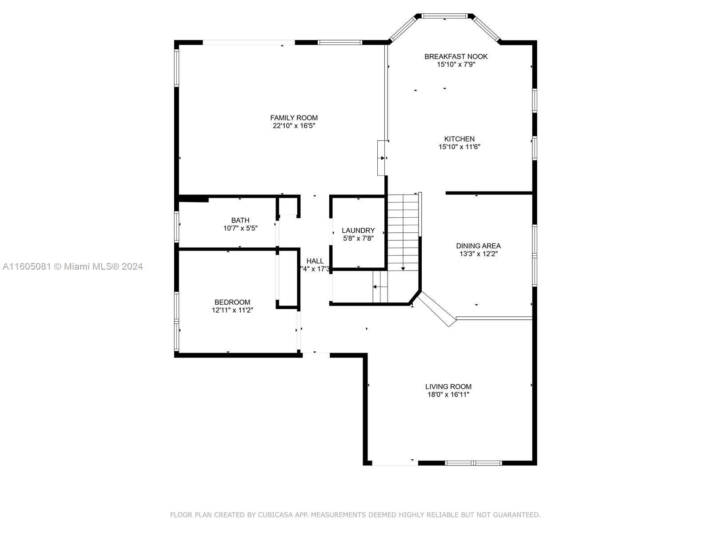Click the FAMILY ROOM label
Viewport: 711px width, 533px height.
coord(294,118)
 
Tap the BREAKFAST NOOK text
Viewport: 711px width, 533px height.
coord(456,57)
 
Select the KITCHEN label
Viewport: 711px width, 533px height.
coord(459,139)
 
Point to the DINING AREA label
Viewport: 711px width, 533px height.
coord(478,246)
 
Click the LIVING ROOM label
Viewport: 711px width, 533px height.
coord(448,386)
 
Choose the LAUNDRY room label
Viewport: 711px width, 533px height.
coord(358,231)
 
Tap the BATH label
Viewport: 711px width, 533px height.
coord(240,220)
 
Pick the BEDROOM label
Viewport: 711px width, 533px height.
coord(232,302)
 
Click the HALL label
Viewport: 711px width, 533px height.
coord(315,261)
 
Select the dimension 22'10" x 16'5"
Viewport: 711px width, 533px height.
coord(294,126)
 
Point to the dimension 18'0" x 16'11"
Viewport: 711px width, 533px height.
coord(448,394)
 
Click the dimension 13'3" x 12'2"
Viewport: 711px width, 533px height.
coord(478,254)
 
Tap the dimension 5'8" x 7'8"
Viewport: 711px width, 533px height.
coord(358,239)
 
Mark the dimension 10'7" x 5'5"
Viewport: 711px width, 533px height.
coord(240,228)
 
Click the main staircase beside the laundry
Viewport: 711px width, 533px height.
coord(403,232)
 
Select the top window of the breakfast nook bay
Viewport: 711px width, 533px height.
coord(445,16)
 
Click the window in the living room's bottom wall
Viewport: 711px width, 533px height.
coord(474,463)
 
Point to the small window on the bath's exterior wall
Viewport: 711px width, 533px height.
coord(176,227)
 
